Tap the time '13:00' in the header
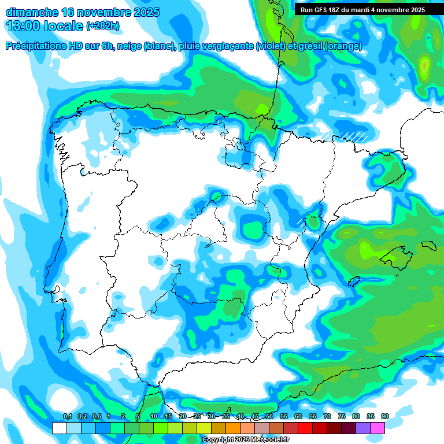25,25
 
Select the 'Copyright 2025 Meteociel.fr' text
245,440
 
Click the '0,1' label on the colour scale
67,417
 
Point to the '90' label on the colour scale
385,417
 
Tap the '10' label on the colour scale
153,417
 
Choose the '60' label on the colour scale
298,417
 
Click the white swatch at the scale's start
59,428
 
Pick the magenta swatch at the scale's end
378,428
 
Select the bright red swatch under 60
305,428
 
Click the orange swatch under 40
233,428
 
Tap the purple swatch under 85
363,428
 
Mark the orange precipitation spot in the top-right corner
424,67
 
